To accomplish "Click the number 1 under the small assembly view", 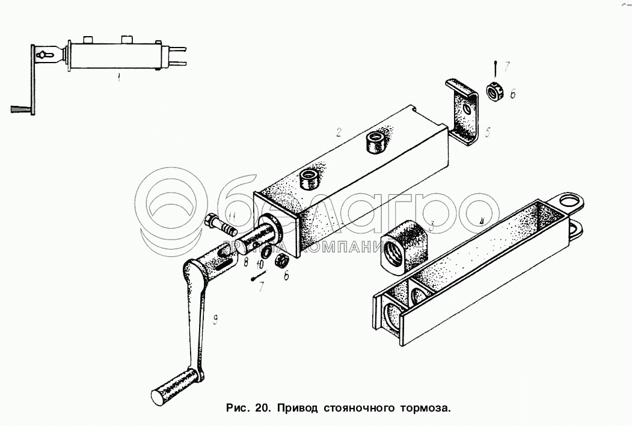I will [x=118, y=78].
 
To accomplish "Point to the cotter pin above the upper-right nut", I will [x=494, y=64].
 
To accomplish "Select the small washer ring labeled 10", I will [x=265, y=250].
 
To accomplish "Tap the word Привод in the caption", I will [x=297, y=409].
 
